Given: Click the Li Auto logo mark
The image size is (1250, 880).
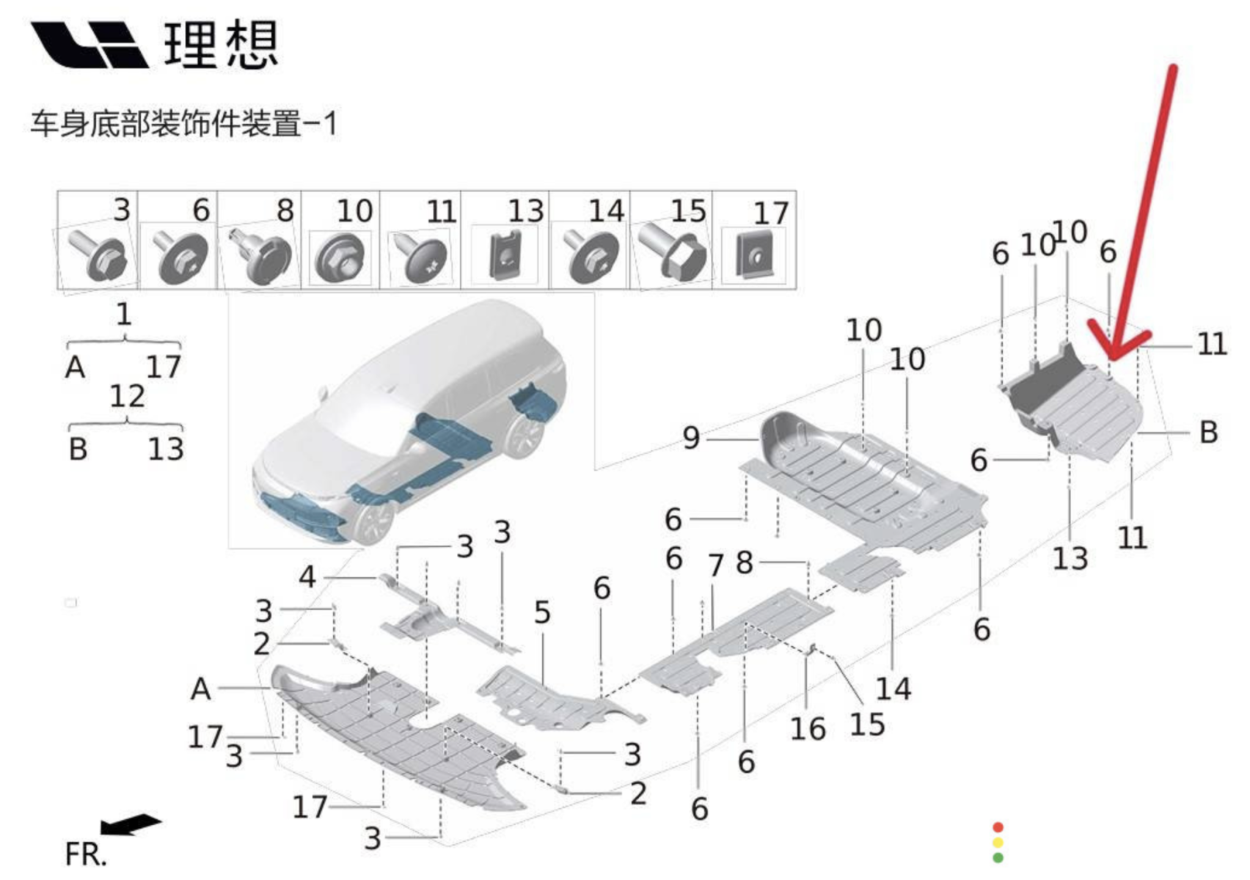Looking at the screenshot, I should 88,45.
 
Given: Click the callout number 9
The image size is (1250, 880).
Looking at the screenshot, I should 691,438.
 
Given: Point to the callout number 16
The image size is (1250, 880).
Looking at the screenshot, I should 807,728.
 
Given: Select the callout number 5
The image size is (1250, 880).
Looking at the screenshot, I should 542,612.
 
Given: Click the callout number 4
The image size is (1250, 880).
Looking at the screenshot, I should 307,577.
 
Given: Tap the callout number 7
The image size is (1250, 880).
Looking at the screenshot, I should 716,565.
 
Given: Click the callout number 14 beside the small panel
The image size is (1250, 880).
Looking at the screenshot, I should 893,689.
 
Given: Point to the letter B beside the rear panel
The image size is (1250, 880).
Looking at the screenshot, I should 1208,432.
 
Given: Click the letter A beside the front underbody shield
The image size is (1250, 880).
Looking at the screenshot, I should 200,689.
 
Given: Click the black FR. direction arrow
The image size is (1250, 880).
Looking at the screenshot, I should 131,824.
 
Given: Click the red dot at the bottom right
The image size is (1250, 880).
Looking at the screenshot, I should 998,827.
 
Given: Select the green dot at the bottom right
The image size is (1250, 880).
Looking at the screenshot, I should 998,857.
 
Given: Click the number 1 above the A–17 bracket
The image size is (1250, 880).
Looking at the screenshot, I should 123,315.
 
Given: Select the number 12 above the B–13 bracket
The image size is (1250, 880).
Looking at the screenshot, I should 127,397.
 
